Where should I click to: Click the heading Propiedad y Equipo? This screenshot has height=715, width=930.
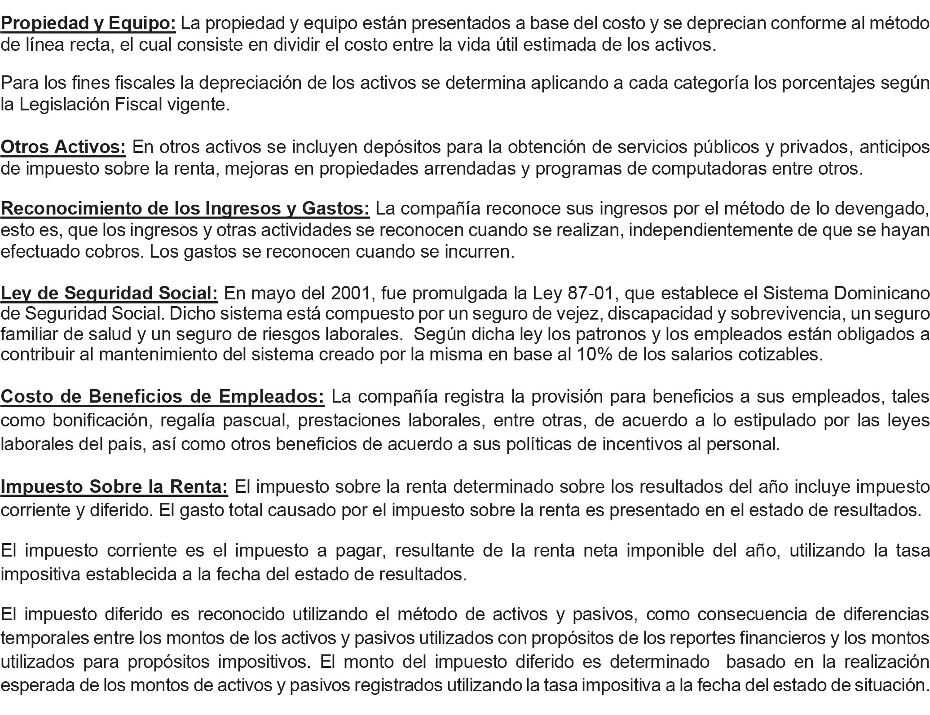(88, 23)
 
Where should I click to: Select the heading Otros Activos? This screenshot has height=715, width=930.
(63, 147)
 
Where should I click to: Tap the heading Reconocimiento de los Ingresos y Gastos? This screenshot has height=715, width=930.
(185, 208)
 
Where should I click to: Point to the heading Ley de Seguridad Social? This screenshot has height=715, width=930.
(109, 293)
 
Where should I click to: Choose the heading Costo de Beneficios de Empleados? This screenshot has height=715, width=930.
(162, 396)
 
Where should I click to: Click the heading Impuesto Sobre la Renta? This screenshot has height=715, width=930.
(114, 486)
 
